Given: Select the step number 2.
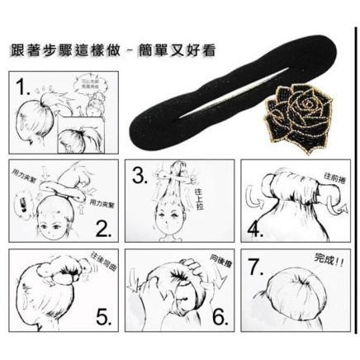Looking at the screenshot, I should (103, 228).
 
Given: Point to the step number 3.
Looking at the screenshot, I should (141, 174).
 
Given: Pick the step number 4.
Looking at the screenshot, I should (257, 226).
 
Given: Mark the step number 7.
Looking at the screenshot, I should (257, 266).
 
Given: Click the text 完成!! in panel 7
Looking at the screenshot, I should (329, 259).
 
